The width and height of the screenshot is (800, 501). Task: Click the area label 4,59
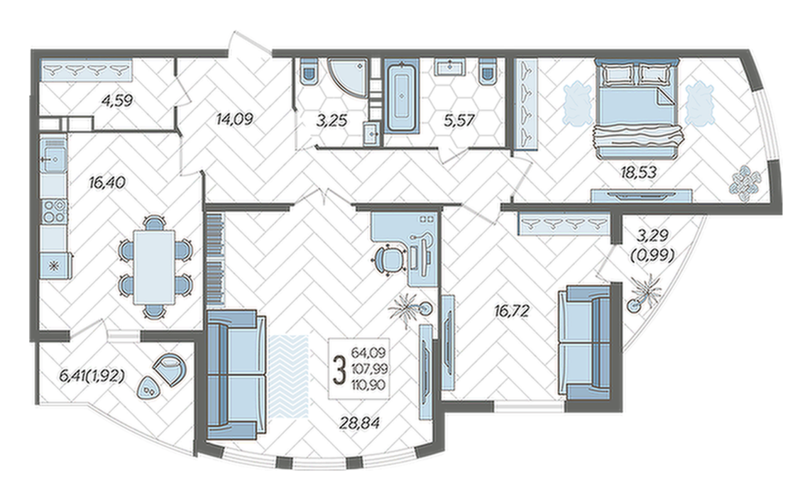(117, 101)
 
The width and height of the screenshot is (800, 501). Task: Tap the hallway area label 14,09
(234, 120)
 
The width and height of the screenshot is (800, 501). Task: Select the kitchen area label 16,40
(106, 182)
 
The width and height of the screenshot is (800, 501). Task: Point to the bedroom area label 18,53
(638, 172)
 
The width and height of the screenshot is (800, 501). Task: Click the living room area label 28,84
(361, 422)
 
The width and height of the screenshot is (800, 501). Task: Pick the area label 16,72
(512, 311)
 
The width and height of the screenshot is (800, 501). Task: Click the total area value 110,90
(368, 385)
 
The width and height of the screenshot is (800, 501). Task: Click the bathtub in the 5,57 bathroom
(402, 97)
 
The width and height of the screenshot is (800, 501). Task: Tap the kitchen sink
(53, 159)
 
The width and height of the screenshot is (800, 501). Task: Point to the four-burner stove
(54, 211)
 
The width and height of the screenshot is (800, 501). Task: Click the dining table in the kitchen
(153, 267)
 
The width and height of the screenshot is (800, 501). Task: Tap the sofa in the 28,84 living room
(236, 375)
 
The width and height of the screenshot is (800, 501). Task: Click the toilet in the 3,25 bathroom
(309, 70)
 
